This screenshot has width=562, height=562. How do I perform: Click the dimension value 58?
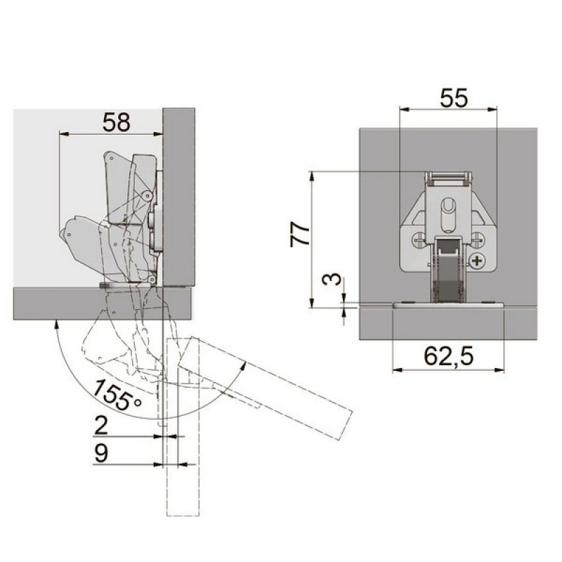tap(116, 122)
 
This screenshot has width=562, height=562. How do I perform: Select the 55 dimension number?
tap(454, 98)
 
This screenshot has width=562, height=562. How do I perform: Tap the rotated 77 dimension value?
tap(300, 234)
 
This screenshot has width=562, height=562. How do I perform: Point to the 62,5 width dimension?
tap(448, 357)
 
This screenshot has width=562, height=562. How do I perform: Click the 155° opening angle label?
tap(117, 395)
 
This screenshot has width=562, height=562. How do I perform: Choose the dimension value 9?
tap(100, 453)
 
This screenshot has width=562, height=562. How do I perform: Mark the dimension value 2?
tap(100, 426)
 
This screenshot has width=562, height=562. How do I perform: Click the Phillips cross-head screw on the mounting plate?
tap(477, 261)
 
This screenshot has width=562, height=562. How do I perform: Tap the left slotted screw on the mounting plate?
tap(419, 239)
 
